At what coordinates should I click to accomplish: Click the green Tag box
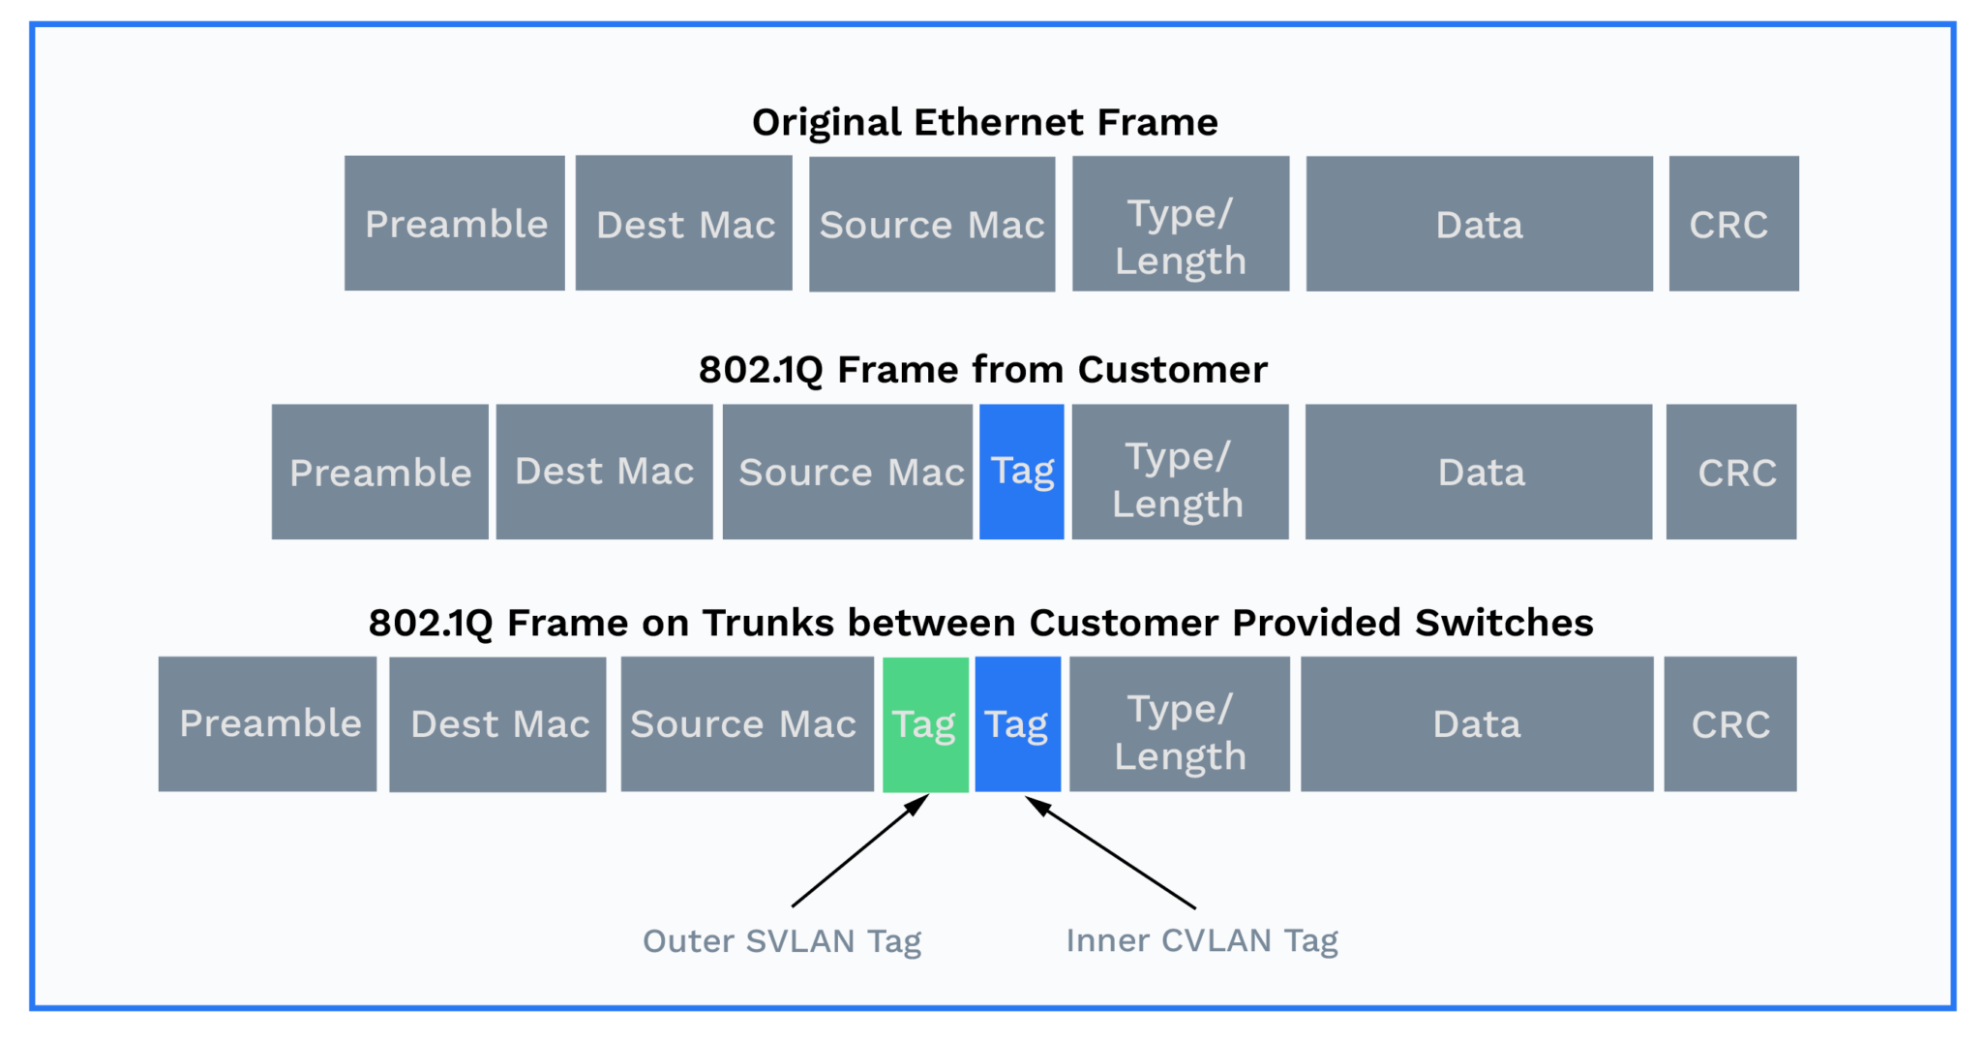coord(925,724)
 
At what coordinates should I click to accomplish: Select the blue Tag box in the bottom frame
coord(1017,724)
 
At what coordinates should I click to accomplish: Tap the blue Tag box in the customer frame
coord(1021,472)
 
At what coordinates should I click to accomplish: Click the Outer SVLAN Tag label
coord(781,940)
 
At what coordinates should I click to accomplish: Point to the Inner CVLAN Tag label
coord(1201,940)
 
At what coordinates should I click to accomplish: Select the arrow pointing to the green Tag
coord(859,851)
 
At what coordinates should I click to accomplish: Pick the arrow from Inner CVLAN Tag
coord(1111,852)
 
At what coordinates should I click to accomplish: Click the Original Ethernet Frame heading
coord(984,122)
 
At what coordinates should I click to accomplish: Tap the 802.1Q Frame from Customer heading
coord(982,370)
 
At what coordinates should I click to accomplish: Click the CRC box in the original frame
coord(1733,224)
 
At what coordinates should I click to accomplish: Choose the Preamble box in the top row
coord(455,224)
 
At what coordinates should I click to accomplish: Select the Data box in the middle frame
coord(1479,472)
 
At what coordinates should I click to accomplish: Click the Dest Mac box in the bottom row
coord(497,724)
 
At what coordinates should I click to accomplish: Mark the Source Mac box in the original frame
coord(932,224)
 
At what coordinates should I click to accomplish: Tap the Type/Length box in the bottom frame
coord(1179,724)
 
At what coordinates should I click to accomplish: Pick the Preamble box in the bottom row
coord(268,724)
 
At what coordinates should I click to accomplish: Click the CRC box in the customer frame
coord(1731,472)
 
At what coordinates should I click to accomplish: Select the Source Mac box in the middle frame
coord(847,472)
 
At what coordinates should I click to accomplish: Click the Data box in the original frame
coord(1479,224)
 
